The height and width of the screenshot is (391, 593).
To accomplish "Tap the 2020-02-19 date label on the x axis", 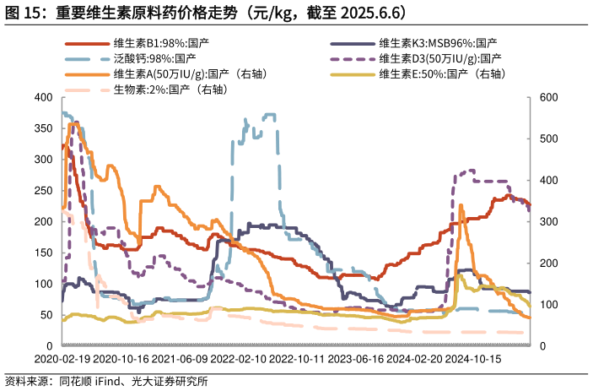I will point(62,359).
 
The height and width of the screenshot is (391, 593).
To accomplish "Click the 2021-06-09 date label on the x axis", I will point(180,359).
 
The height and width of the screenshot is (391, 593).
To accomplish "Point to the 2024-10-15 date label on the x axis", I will point(473,359).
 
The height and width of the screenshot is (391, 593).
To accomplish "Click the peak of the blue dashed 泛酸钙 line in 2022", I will point(270,114).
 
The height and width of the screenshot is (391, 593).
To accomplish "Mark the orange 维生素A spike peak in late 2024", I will point(461,204).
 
